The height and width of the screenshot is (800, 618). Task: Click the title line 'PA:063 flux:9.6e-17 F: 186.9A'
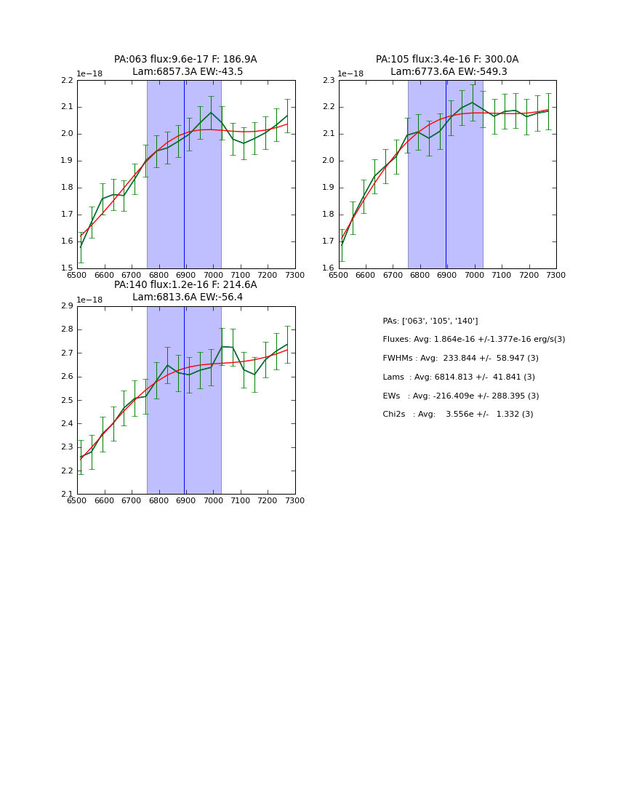(185, 60)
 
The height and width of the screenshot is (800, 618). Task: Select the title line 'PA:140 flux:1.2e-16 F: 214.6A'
(185, 285)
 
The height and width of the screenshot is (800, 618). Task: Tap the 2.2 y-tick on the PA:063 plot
(67, 80)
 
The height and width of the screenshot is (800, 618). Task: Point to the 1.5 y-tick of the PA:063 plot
(67, 268)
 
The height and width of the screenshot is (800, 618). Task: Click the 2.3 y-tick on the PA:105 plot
(329, 80)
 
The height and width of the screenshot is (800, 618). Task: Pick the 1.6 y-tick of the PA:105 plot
(329, 268)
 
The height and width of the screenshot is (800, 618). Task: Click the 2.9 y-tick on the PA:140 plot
(67, 306)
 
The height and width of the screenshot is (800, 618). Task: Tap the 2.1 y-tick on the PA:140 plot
(67, 495)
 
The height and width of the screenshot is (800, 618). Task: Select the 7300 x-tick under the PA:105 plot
(556, 276)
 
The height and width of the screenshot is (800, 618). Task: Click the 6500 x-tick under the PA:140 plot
(77, 501)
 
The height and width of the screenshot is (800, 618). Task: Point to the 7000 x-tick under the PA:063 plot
(213, 276)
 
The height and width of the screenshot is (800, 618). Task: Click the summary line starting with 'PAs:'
(430, 321)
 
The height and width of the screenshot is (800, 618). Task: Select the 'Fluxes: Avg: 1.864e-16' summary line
(473, 340)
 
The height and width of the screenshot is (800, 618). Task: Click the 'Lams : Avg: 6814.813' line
(458, 377)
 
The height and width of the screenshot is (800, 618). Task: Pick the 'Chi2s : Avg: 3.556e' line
(457, 414)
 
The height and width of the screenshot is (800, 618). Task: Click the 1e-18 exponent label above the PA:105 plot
(353, 74)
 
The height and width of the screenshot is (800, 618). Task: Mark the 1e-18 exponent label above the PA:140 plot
(91, 300)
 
